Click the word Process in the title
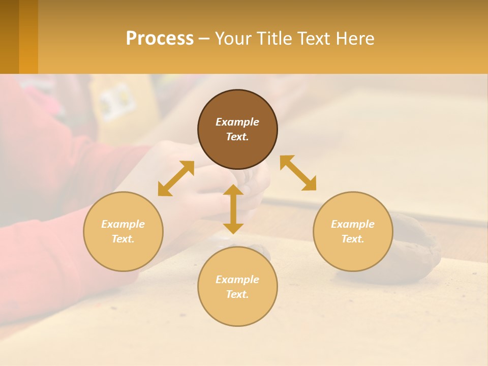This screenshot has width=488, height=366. point(160,39)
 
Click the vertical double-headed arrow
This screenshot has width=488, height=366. point(233,209)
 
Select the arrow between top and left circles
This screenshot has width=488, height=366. point(176,178)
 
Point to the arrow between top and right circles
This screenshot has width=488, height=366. point(298,173)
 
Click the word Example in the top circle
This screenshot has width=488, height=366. point(237,122)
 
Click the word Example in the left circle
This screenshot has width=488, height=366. point(123,224)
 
